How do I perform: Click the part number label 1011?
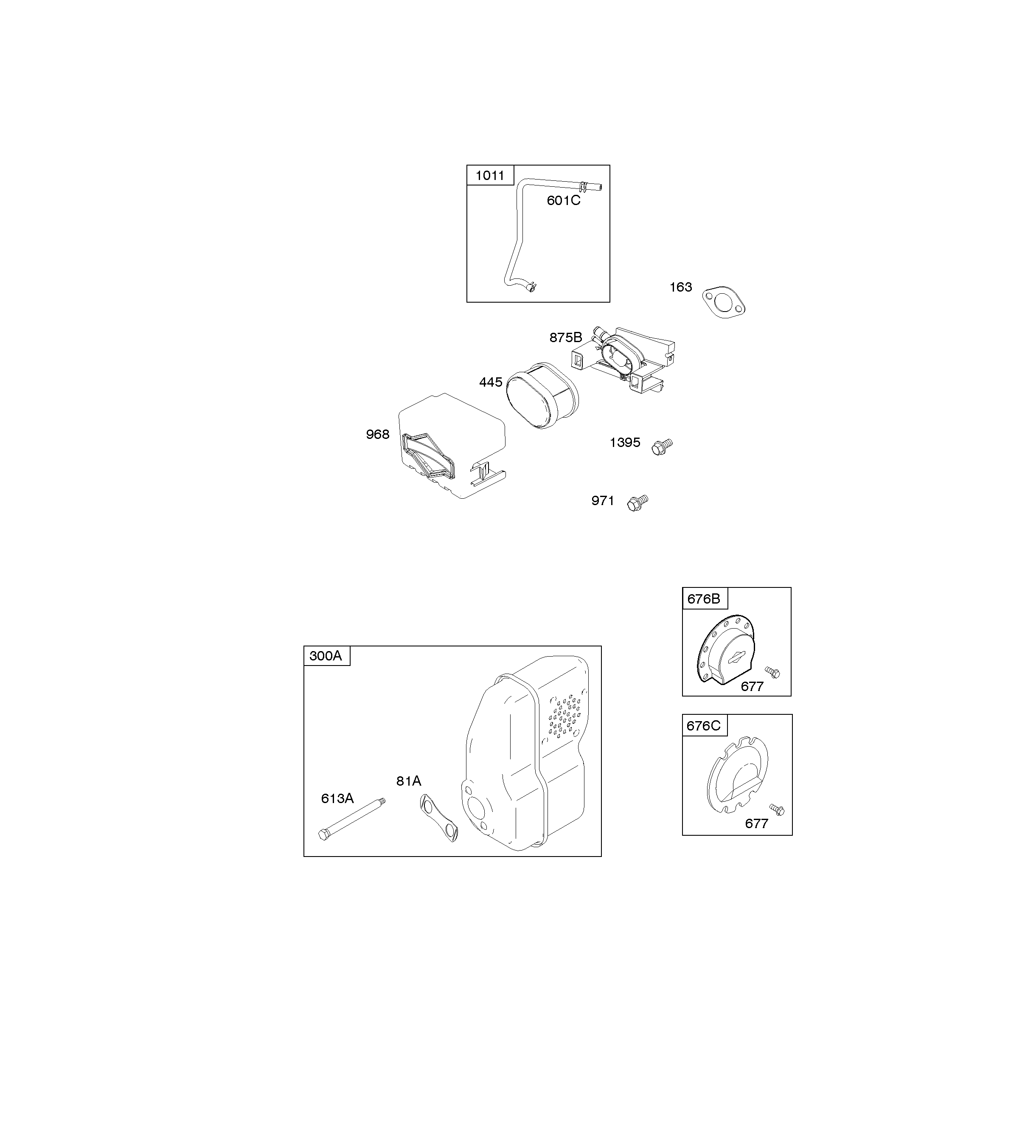click(490, 176)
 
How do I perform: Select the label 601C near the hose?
click(563, 200)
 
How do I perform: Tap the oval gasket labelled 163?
click(724, 302)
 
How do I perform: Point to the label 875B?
click(565, 337)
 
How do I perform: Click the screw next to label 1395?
click(662, 447)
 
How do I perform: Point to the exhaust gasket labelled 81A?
click(438, 817)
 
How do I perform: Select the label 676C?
click(703, 725)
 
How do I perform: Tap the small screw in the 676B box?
click(772, 672)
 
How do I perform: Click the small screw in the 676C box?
click(777, 810)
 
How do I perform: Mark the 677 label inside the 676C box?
click(756, 823)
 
